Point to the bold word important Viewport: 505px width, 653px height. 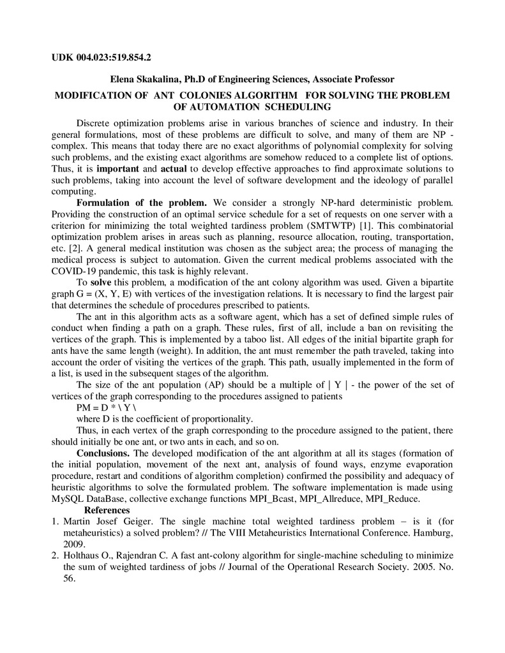click(117, 169)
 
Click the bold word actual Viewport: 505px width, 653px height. click(174, 169)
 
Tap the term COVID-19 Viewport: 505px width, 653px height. click(75, 271)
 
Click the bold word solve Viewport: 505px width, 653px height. click(101, 282)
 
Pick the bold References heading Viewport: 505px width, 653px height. click(107, 510)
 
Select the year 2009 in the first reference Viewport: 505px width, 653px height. click(75, 545)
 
